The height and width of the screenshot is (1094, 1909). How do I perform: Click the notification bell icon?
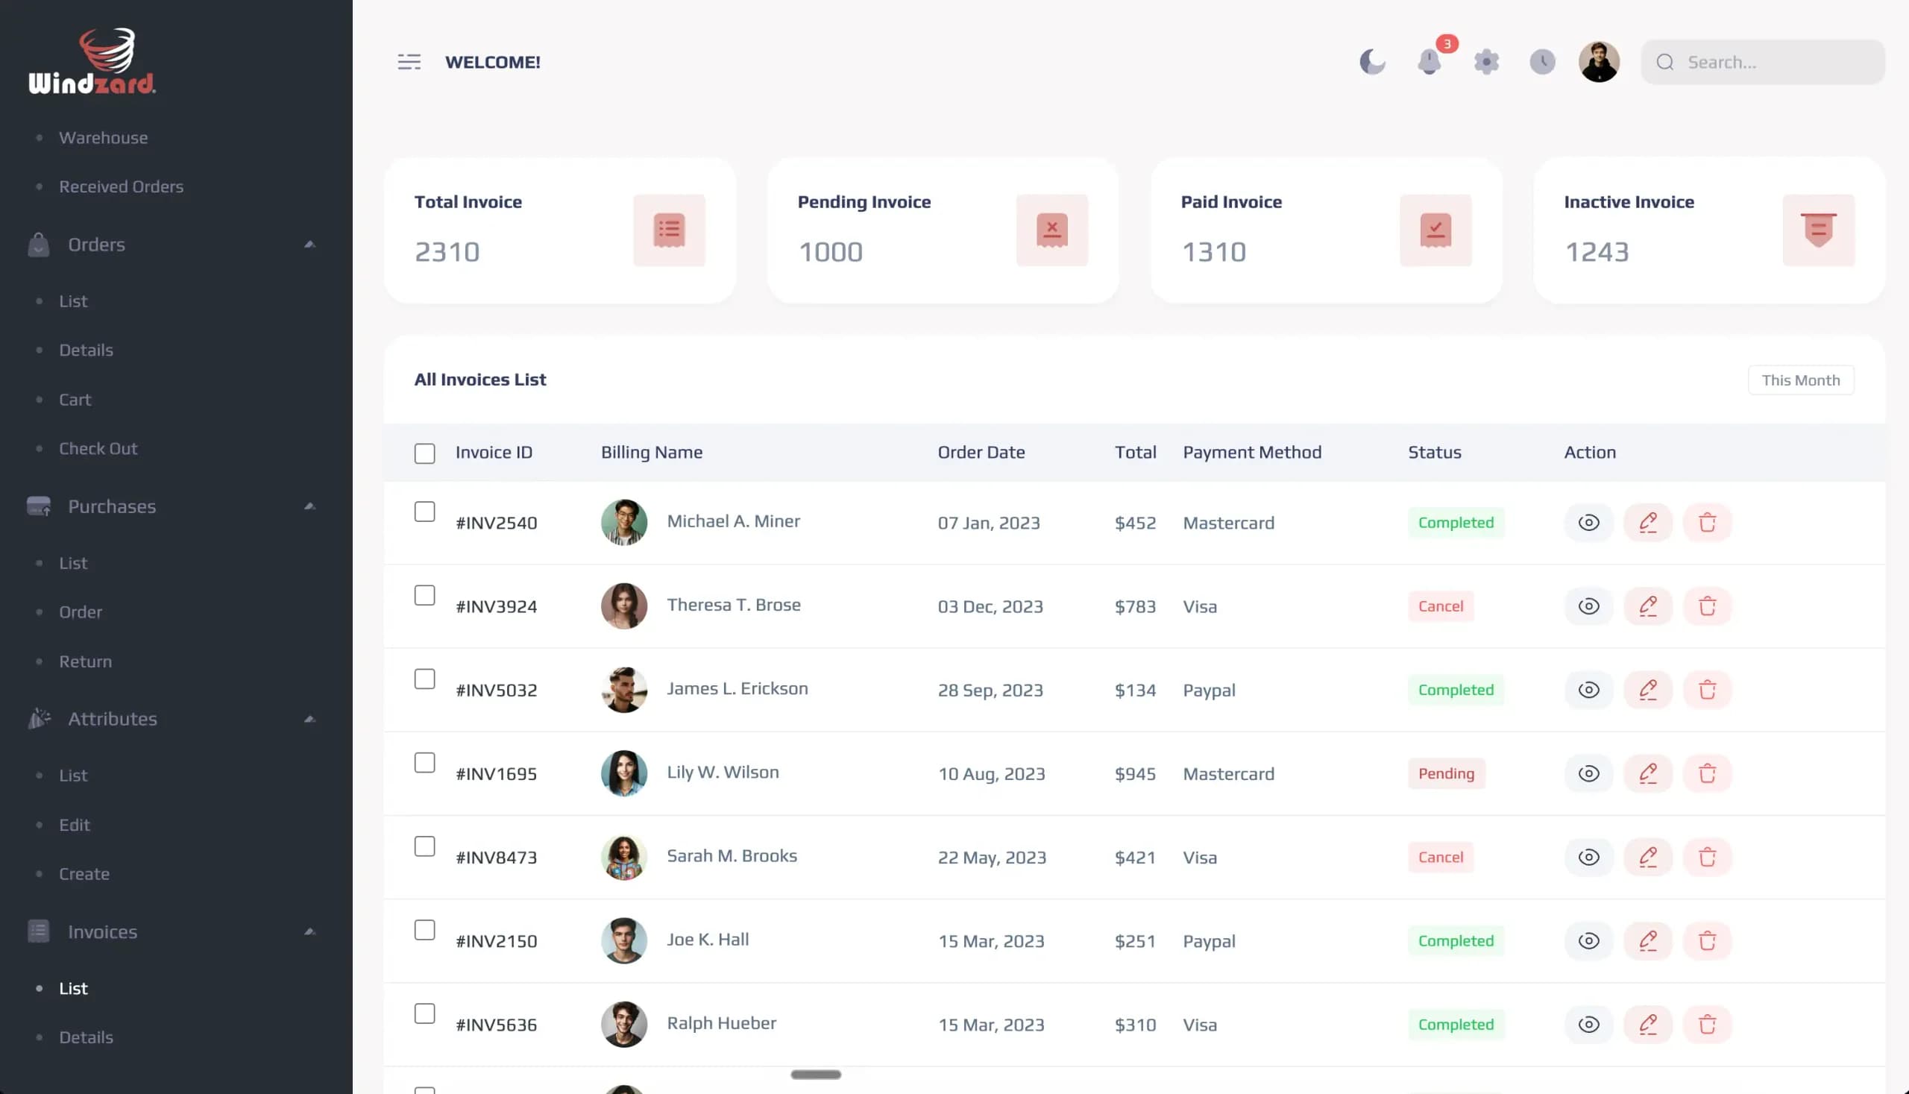tap(1428, 62)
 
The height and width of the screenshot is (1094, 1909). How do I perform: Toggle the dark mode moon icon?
tap(1372, 62)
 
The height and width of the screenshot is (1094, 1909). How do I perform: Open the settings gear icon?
tap(1486, 62)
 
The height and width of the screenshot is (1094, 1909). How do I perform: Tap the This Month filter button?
tap(1801, 380)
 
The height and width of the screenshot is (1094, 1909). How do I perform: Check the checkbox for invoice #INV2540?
tap(424, 512)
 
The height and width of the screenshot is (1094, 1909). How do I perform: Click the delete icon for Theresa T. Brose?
tap(1707, 606)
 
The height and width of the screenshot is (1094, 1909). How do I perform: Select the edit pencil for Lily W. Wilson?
tap(1647, 774)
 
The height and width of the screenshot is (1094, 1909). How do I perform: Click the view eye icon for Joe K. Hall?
tap(1588, 940)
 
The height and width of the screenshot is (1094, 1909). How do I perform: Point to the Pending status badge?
tap(1445, 774)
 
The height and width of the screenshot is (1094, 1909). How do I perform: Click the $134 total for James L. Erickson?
tap(1134, 691)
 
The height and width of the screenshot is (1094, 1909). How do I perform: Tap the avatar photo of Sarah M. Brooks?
tap(623, 858)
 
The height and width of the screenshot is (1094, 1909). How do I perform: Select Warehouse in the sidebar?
tap(104, 137)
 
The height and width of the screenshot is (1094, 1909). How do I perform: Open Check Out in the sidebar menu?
tap(98, 449)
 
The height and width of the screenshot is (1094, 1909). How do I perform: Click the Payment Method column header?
tap(1251, 453)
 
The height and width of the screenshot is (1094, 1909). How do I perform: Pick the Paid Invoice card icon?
tap(1435, 230)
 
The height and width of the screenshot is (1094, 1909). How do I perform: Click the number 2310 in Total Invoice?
tap(447, 252)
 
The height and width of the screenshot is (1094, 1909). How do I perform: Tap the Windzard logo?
tap(92, 61)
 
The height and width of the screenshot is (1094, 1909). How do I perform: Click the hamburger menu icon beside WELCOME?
tap(409, 62)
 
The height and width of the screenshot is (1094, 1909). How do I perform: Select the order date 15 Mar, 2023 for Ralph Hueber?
tap(990, 1025)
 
